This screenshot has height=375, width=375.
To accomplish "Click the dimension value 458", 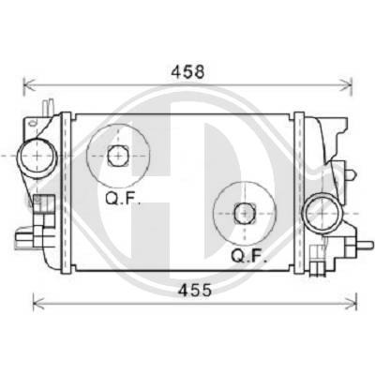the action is pyautogui.click(x=187, y=72).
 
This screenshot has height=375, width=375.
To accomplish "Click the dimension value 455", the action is pyautogui.click(x=194, y=291).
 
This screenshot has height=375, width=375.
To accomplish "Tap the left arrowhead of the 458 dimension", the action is pyautogui.click(x=30, y=84).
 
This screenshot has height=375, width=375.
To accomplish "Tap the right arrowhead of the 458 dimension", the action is pyautogui.click(x=346, y=84).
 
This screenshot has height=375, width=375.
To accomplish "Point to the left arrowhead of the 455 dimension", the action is pyautogui.click(x=39, y=303).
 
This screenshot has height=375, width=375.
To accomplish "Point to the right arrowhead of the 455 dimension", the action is pyautogui.click(x=351, y=303).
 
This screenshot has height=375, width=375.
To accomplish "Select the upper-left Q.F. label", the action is pyautogui.click(x=122, y=198).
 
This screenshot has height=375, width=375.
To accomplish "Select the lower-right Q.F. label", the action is pyautogui.click(x=248, y=256).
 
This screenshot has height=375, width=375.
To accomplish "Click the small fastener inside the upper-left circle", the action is pyautogui.click(x=118, y=156).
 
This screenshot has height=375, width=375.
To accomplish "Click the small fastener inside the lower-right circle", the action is pyautogui.click(x=245, y=213).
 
